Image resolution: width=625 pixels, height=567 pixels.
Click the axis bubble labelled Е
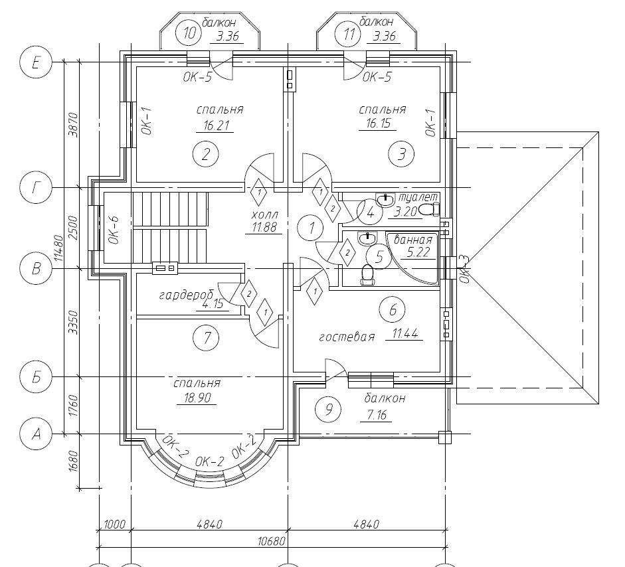click(35, 63)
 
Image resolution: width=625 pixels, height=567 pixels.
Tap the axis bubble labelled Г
click(35, 188)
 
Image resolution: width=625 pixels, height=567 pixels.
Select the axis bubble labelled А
click(35, 434)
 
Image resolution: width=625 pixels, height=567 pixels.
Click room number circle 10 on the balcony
click(190, 33)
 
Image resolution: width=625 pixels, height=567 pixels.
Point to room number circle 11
click(349, 34)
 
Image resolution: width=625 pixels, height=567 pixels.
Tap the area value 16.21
click(215, 126)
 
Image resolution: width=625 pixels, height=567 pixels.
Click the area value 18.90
click(197, 398)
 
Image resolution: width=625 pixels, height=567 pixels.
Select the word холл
click(264, 214)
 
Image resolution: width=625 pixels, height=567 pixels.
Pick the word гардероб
click(186, 295)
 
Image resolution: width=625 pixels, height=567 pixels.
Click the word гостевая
click(347, 337)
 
